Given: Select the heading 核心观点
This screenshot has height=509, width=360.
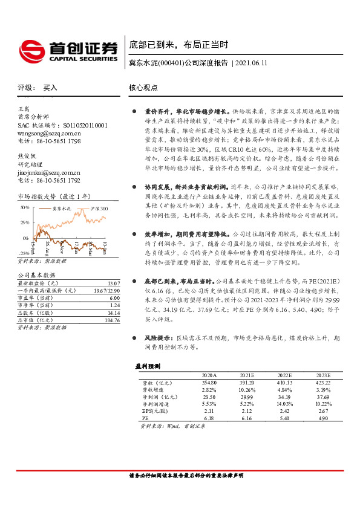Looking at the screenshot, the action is (143, 88).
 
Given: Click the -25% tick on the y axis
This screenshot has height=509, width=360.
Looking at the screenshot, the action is (23, 253).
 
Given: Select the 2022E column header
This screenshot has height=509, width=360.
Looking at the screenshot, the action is (284, 375).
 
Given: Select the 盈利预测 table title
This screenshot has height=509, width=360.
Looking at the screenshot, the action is (147, 366).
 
